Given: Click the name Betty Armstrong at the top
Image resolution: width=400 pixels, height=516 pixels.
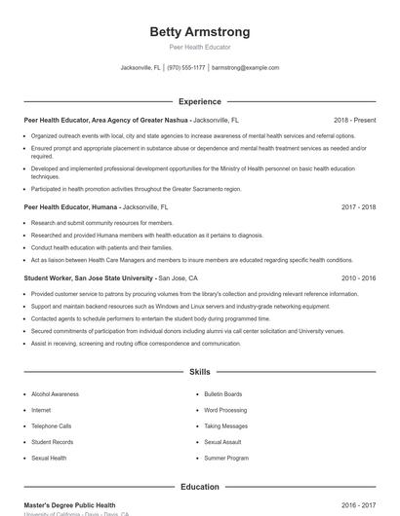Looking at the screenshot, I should coord(199,31).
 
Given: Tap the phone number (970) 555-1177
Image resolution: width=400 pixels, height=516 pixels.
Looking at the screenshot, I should coord(185,68).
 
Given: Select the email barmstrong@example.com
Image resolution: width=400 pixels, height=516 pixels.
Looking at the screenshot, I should coord(246,68).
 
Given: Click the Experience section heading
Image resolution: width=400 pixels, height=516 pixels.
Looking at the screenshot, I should coord(199,101).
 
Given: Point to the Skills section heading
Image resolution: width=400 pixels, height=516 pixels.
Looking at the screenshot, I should coord(199,372).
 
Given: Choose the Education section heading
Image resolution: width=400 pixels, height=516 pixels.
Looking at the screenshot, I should coord(199,486).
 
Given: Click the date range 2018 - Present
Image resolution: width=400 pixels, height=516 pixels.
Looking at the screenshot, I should coord(354,120).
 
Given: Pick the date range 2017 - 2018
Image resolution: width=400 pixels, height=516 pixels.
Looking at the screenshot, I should coord(358,207).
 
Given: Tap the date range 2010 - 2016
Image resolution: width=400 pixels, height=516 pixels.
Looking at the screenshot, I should coord(358,277).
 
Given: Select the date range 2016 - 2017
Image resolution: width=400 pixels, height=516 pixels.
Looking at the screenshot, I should coord(358,505).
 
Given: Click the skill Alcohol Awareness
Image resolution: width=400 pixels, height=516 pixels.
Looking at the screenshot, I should coord(55,394).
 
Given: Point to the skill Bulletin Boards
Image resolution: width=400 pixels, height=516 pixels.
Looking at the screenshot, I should coord(222,394).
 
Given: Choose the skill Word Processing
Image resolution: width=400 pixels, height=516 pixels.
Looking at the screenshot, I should coord(225,410).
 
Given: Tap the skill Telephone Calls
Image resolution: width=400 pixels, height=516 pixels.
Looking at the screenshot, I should coord(51,425).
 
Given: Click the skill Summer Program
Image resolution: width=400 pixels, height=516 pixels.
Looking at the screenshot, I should coord(225,457).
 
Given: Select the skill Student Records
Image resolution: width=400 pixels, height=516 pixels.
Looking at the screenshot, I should coord(52,441).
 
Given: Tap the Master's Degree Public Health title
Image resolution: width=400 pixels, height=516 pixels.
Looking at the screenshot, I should coord(69,505).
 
